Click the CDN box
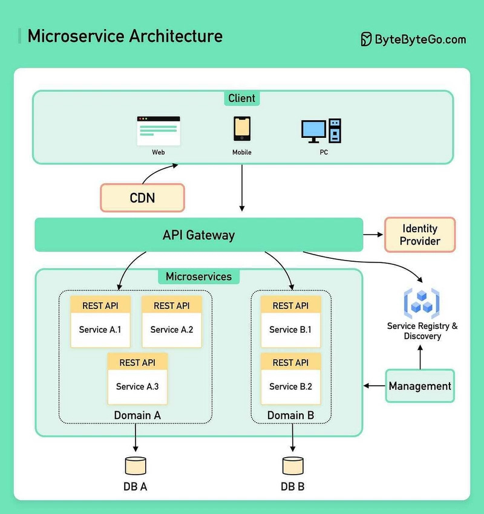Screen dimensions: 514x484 pyautogui.click(x=142, y=198)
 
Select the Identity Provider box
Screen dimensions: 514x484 pyautogui.click(x=419, y=235)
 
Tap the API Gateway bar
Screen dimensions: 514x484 pyautogui.click(x=198, y=235)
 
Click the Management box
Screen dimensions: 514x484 pyautogui.click(x=420, y=386)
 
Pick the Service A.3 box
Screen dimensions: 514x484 pyautogui.click(x=137, y=379)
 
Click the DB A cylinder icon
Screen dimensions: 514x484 pyautogui.click(x=136, y=466)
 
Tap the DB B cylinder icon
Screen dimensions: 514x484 pyautogui.click(x=293, y=466)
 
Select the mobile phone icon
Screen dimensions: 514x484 pyautogui.click(x=242, y=129)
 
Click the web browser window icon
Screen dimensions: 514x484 pyautogui.click(x=159, y=131)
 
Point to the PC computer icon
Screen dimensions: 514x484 pyautogui.click(x=321, y=131)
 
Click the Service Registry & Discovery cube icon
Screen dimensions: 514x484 pyautogui.click(x=422, y=302)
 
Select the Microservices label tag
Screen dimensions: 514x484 pyautogui.click(x=198, y=276)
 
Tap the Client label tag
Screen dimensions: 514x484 pyautogui.click(x=242, y=98)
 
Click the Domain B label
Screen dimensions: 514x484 pyautogui.click(x=290, y=415)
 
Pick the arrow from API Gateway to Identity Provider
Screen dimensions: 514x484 pyautogui.click(x=373, y=235)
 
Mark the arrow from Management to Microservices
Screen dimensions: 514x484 pyautogui.click(x=374, y=386)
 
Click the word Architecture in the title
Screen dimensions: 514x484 pyautogui.click(x=175, y=36)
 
